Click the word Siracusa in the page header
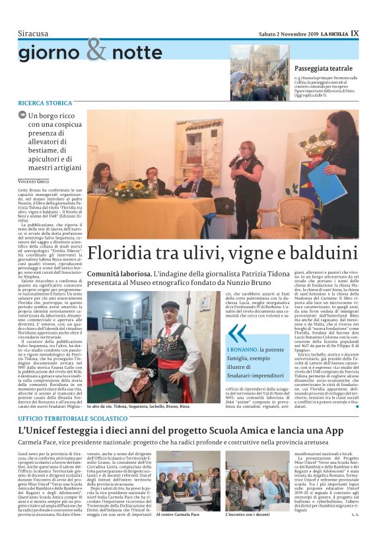[34, 33]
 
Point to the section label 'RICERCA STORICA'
[46, 104]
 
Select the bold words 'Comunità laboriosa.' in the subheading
[118, 273]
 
